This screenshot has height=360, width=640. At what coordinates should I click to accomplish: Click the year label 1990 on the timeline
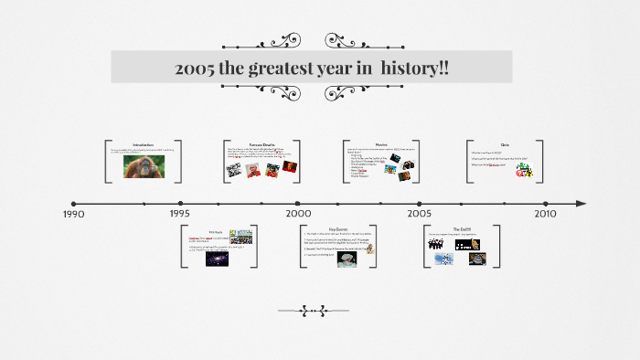pos(74,214)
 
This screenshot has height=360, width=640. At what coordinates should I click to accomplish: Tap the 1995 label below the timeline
pos(179,214)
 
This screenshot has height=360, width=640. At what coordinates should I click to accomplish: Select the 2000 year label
pos(298,213)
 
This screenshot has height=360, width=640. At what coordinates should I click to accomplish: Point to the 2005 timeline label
pos(420,213)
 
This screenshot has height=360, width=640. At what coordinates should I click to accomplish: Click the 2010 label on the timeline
pos(545,213)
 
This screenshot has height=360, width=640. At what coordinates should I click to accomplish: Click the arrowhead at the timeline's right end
pos(581,203)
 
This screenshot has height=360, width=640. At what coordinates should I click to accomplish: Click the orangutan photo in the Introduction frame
pos(144,168)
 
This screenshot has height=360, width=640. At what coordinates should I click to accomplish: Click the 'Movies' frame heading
pos(382,144)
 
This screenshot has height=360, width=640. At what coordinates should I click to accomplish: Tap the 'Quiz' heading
pos(505,144)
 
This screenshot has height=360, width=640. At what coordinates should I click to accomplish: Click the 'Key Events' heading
pos(337,228)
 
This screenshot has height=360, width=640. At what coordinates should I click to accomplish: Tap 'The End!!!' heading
pos(463,229)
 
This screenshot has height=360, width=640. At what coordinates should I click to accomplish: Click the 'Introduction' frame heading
pos(144,144)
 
